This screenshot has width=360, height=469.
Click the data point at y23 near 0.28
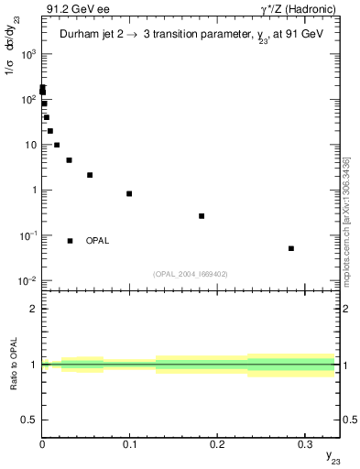(x=291, y=248)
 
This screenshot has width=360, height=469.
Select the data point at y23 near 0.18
(x=202, y=216)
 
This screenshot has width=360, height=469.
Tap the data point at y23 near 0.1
(x=129, y=193)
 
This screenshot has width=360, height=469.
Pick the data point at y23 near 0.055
(x=90, y=175)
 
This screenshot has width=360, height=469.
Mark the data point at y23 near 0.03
(x=69, y=160)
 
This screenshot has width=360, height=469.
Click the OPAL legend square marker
(x=70, y=241)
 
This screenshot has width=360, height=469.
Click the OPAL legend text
(x=97, y=241)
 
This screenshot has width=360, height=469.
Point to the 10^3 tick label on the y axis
(x=27, y=54)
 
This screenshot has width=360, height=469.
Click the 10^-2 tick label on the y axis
(x=27, y=280)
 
